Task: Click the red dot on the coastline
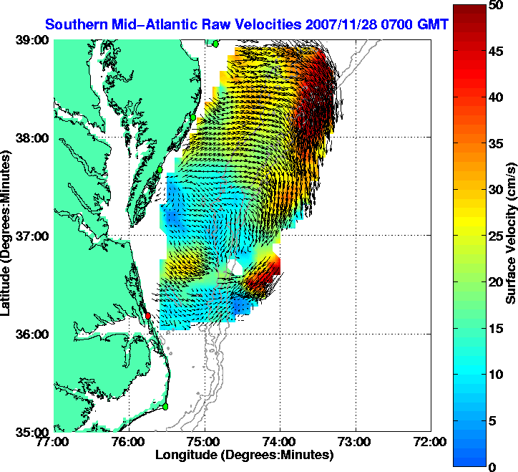click(148, 315)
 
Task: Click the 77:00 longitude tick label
click(54, 442)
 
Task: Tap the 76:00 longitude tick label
click(129, 442)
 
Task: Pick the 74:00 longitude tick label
click(280, 442)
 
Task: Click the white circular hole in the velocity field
click(235, 268)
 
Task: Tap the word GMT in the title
click(434, 24)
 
